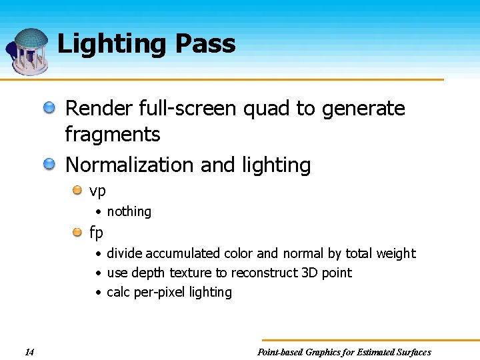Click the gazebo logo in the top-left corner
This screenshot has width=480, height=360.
tap(28, 51)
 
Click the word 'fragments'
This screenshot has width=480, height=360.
tap(112, 135)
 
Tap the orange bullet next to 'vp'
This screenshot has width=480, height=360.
tap(78, 191)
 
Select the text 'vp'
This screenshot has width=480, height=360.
tap(97, 191)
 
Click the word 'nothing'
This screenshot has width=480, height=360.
tap(129, 211)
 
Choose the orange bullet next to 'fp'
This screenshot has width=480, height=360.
tap(78, 231)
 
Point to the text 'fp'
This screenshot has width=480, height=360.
tap(97, 232)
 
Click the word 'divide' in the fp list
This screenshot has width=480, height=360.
tap(125, 253)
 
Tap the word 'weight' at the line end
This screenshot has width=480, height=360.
tap(397, 253)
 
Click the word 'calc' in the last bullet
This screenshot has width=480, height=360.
tap(119, 292)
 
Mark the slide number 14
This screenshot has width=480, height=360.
tap(29, 352)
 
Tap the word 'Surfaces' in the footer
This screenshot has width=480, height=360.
tap(411, 352)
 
